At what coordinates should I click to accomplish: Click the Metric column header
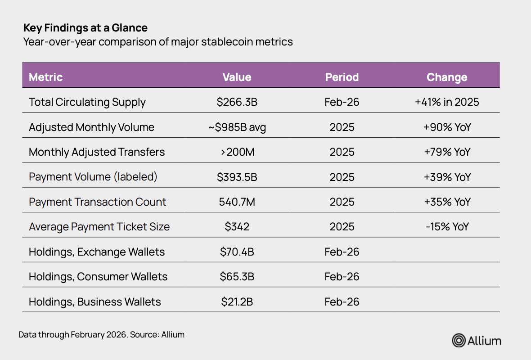coord(46,77)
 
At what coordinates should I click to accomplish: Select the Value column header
coord(237,77)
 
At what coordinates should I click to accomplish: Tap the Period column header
coord(342,77)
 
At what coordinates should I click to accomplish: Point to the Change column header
coord(447,77)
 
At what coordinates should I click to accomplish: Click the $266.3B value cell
coord(237,102)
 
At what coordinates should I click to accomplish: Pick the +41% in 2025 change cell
coord(447,102)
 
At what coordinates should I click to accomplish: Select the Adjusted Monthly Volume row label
coord(91,127)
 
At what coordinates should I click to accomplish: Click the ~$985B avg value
coord(237,127)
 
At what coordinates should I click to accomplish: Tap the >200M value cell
coord(237,152)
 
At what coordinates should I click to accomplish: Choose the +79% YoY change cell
coord(447,152)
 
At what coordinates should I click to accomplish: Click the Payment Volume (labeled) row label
coord(93,177)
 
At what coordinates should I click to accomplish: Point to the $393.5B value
coord(237,177)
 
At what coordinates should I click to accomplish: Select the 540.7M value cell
coord(237,202)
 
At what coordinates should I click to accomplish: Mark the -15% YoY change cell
coord(447,226)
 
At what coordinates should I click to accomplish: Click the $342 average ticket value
coord(237,226)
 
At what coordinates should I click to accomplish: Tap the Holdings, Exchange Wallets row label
coord(96,252)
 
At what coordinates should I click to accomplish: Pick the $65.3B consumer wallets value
coord(237,277)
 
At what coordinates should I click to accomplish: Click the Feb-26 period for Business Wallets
coord(342,302)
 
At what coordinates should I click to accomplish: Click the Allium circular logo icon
coord(459,340)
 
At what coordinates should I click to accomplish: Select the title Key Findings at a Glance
coord(85,28)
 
